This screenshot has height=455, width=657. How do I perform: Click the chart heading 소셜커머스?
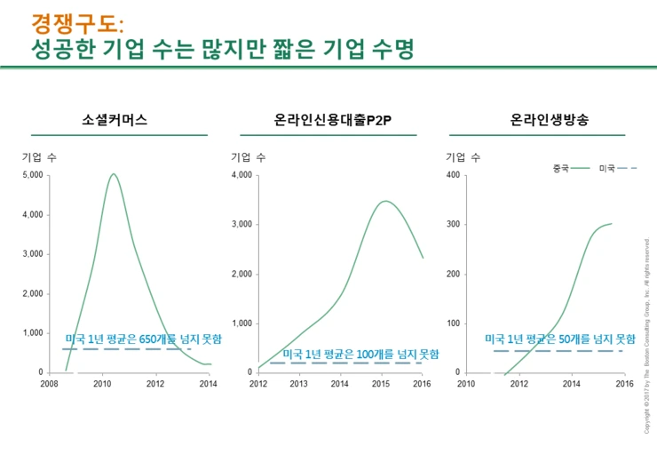coord(114,119)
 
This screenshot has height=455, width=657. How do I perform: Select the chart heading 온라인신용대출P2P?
coord(333,119)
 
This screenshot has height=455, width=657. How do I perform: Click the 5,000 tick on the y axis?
coord(33,175)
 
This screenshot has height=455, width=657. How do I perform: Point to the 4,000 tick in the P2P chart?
coord(242,175)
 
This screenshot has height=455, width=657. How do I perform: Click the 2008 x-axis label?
coord(49,384)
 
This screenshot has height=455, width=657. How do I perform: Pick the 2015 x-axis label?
coord(380,384)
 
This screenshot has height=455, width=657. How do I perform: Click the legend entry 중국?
coord(560,168)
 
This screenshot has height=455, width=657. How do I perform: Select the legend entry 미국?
coord(607,168)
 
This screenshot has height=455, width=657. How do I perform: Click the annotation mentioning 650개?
coord(143,339)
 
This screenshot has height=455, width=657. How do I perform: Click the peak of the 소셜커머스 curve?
coord(114,174)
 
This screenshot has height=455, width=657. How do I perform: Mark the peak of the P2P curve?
coord(384,201)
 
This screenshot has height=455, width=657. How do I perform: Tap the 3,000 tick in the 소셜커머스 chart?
coord(33,254)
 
